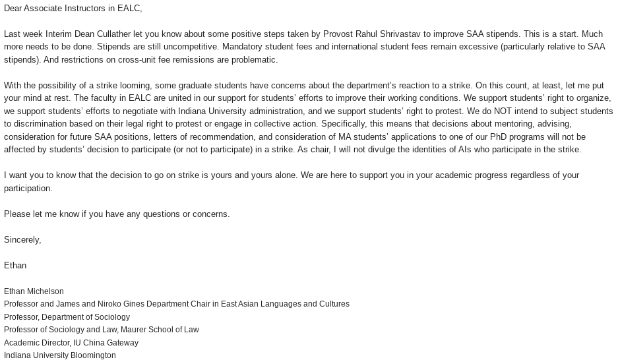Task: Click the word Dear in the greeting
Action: pos(14,9)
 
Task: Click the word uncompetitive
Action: pos(185,47)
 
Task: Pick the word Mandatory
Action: pos(242,47)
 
